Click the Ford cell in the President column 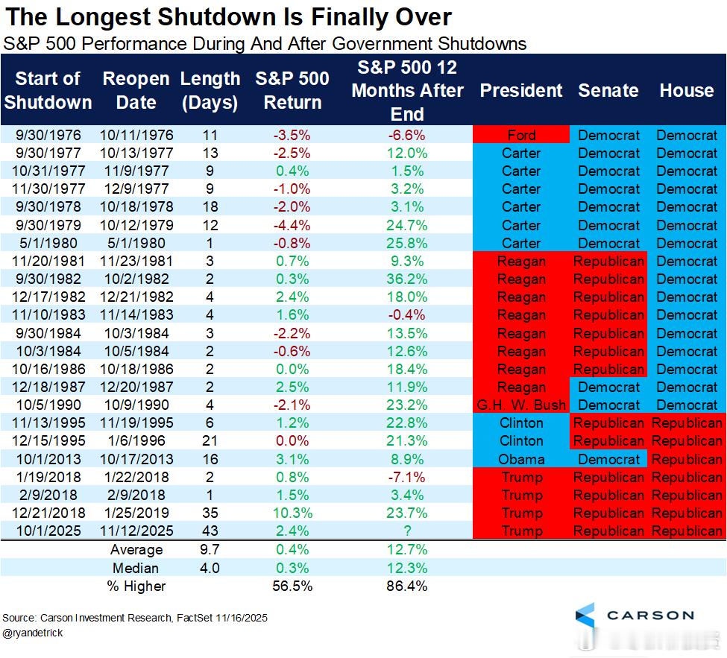point(521,135)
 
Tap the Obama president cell point(522,459)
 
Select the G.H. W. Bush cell point(522,405)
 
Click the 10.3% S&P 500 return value point(292,513)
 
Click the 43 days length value point(210,531)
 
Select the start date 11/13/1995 point(48,423)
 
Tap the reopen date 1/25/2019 point(136,513)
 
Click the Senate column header point(608,91)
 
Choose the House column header point(687,91)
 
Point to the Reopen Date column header point(136,90)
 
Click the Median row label point(136,568)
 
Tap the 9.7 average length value point(210,549)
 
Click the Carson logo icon point(585,616)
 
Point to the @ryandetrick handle point(33,633)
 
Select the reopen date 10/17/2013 point(136,459)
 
